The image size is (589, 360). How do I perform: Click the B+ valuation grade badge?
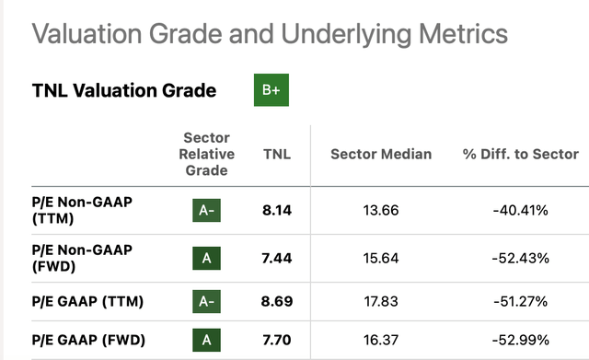click(x=271, y=90)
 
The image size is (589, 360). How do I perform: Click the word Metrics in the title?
click(x=463, y=34)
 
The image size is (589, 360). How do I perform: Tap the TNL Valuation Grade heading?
click(x=124, y=90)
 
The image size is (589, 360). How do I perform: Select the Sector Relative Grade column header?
click(x=206, y=154)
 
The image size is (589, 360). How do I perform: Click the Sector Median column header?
click(x=381, y=154)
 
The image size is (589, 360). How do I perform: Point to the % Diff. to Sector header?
click(x=521, y=154)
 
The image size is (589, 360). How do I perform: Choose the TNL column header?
click(x=277, y=154)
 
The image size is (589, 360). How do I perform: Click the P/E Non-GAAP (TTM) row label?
click(x=82, y=210)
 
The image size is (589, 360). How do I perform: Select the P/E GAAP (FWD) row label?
click(x=88, y=340)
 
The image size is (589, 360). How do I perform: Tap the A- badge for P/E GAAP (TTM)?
click(x=206, y=301)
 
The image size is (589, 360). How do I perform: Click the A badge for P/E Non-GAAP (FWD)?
click(x=206, y=258)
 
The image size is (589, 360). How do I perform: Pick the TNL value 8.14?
click(x=277, y=210)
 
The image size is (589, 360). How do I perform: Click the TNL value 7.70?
click(x=277, y=340)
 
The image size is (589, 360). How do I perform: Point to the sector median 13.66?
click(x=381, y=210)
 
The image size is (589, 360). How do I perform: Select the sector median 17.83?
click(x=381, y=301)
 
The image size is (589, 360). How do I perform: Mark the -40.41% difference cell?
click(x=521, y=210)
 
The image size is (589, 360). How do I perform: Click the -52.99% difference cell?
click(x=521, y=340)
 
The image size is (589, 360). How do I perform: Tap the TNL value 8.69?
click(x=277, y=301)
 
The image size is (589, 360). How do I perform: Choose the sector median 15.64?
click(x=381, y=258)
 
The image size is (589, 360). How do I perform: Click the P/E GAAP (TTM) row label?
click(x=87, y=301)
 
